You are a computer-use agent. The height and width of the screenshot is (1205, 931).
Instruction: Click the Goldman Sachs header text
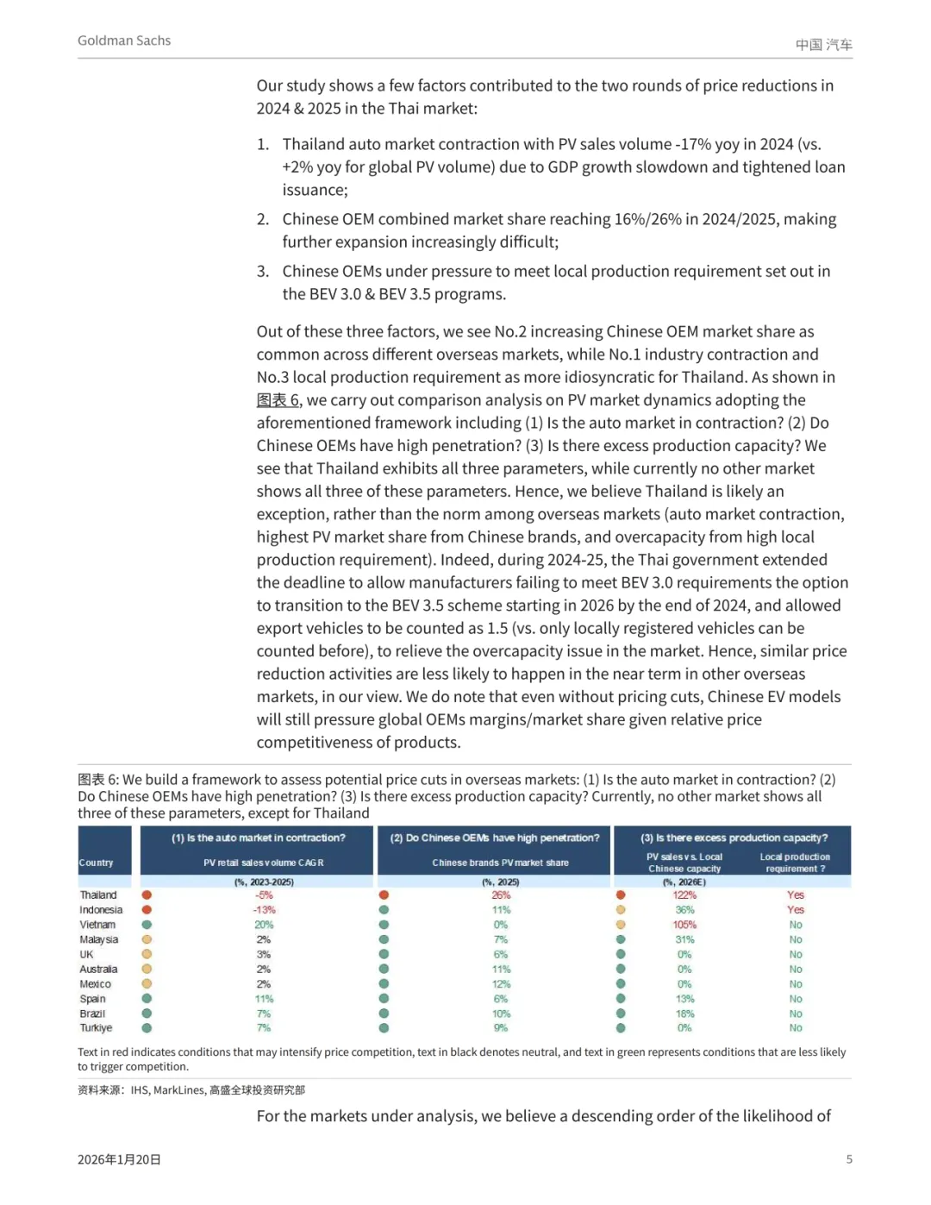pos(124,41)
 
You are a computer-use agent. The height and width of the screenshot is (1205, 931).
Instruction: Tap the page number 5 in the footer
pos(849,1159)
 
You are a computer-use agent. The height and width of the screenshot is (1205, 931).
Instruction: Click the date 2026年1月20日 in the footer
pos(119,1159)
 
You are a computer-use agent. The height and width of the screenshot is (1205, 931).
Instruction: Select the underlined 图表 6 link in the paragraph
pos(278,400)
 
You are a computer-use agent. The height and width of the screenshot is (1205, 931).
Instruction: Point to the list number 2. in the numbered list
pos(263,220)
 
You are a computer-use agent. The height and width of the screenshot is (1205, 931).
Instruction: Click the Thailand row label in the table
pos(98,895)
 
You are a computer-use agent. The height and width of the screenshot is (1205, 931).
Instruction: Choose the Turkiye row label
pos(96,1028)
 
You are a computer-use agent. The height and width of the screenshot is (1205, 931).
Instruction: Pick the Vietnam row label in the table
pos(97,925)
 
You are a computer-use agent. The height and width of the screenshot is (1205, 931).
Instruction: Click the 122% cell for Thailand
pos(684,895)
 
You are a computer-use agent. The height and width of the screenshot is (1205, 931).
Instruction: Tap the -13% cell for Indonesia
pos(264,910)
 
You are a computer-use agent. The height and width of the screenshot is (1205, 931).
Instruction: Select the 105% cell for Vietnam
pos(684,925)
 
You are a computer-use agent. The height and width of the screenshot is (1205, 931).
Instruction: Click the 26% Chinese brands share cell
pos(501,895)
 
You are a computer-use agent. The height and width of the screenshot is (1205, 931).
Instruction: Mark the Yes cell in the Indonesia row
pos(795,910)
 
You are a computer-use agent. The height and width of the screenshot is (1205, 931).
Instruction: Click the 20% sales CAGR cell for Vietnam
pos(264,925)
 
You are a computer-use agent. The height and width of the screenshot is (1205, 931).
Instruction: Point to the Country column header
pos(96,863)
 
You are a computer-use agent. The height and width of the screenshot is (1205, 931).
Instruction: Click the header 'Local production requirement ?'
pos(795,863)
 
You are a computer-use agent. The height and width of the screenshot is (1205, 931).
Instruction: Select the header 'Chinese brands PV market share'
pos(500,863)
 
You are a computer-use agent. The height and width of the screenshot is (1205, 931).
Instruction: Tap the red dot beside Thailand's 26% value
pos(384,895)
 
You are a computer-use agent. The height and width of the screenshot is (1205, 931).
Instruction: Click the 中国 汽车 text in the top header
pos(823,44)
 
